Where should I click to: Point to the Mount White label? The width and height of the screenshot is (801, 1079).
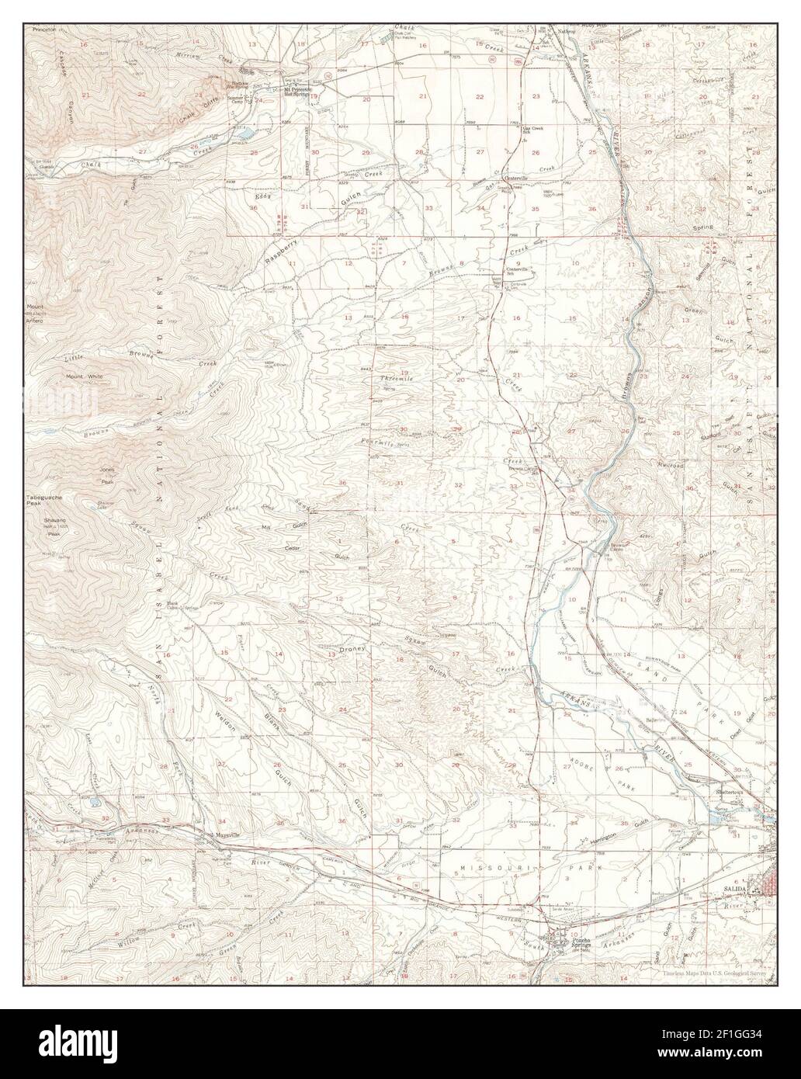pyautogui.click(x=85, y=377)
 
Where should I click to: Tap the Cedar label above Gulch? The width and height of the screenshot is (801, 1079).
pyautogui.click(x=291, y=548)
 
